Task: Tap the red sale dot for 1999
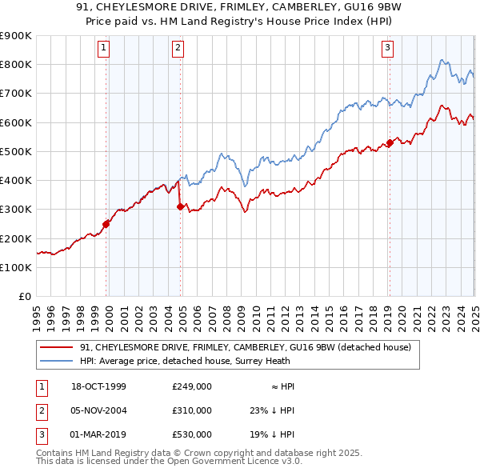point(106,224)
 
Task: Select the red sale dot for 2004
point(180,206)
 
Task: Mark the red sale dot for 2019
point(390,143)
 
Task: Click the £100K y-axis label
point(16,267)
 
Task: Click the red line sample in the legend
point(57,347)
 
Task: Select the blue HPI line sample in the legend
point(57,361)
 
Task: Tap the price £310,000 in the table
point(192,410)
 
